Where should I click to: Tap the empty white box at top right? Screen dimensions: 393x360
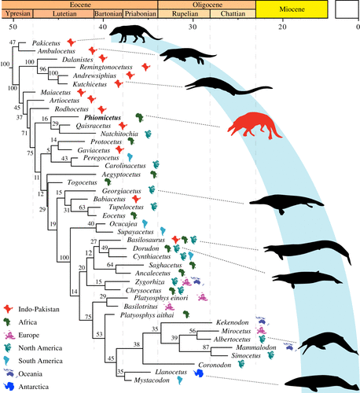[345, 9]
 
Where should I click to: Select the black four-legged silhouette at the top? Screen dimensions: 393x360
[134, 32]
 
